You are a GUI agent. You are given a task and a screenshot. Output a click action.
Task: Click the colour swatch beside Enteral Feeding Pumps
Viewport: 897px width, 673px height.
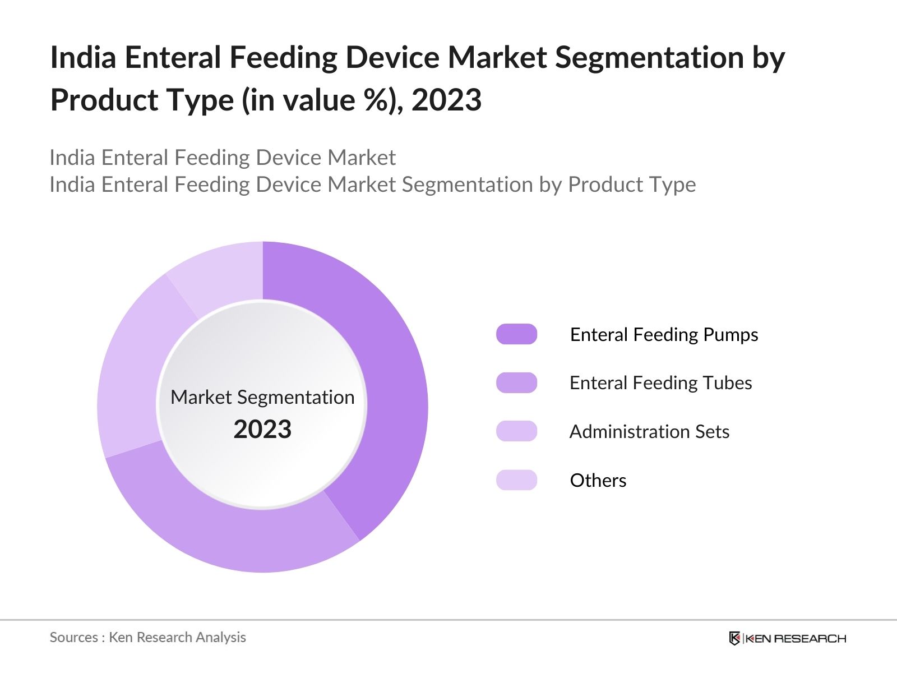tap(516, 334)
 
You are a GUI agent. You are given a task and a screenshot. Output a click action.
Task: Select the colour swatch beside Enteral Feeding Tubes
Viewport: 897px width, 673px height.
tap(516, 382)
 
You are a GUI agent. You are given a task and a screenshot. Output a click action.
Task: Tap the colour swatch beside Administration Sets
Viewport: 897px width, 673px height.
tap(516, 431)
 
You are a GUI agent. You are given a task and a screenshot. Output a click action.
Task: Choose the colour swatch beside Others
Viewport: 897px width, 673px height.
tap(516, 480)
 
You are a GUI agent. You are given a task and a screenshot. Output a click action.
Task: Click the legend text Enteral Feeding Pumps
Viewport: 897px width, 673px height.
tap(664, 334)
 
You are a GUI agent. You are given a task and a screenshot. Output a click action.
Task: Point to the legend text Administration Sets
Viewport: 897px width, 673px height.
tap(649, 431)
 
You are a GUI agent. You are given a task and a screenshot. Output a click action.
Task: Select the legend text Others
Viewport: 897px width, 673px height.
tap(598, 480)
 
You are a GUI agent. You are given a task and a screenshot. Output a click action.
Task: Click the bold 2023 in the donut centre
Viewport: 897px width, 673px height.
tap(262, 430)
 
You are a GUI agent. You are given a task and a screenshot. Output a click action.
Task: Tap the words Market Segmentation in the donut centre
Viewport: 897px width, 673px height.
tap(262, 397)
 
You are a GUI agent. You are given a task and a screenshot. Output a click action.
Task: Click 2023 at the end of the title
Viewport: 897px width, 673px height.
tap(446, 100)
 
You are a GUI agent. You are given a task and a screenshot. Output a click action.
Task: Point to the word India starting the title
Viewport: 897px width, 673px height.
tap(83, 57)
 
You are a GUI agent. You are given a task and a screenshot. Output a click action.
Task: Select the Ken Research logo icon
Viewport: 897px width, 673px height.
tap(734, 638)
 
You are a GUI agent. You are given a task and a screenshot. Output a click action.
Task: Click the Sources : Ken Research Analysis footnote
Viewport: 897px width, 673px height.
tap(147, 637)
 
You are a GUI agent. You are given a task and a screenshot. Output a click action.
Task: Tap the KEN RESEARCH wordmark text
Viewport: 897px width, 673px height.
tap(796, 638)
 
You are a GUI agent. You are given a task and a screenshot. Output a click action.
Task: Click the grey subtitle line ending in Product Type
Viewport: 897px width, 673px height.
tap(372, 185)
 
